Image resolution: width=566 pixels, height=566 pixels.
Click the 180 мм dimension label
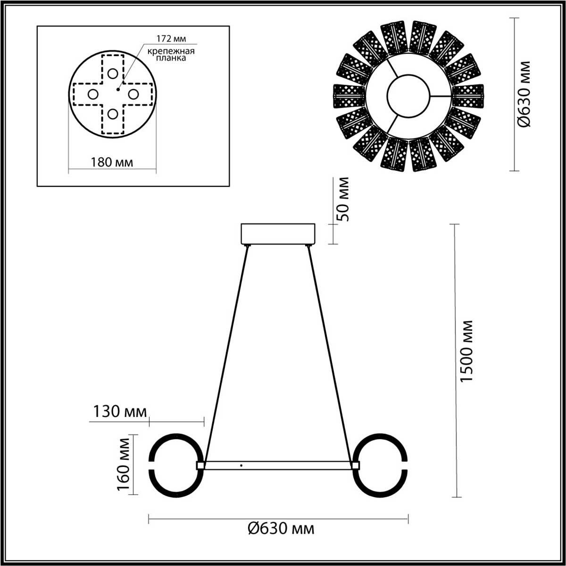click(x=111, y=162)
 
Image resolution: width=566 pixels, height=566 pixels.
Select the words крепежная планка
click(x=165, y=55)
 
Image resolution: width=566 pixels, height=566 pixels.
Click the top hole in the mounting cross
click(x=112, y=74)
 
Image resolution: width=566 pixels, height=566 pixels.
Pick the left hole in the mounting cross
click(x=93, y=94)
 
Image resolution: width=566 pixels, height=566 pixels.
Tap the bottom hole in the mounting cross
click(x=112, y=114)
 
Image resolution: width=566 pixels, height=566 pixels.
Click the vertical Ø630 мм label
click(x=524, y=94)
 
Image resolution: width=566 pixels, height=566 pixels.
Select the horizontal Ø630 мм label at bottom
click(x=281, y=529)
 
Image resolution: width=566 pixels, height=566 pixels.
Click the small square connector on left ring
click(x=200, y=466)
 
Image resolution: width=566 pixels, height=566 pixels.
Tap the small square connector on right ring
click(x=355, y=466)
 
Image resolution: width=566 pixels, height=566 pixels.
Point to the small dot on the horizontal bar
click(x=241, y=466)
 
